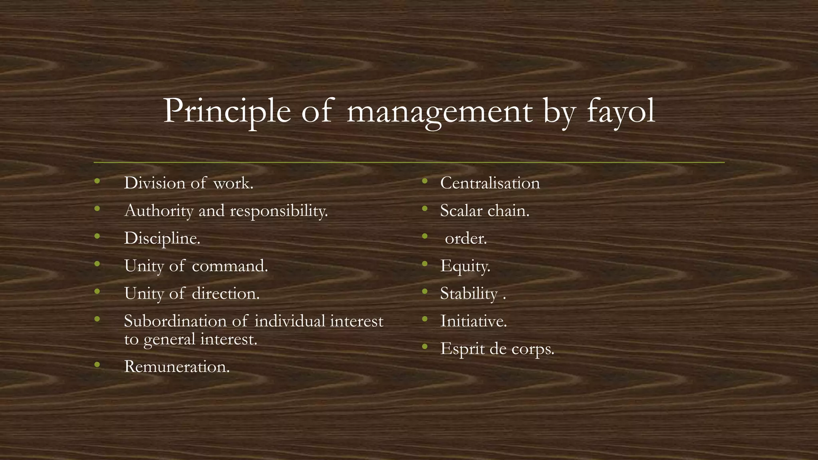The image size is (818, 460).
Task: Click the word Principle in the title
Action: pyautogui.click(x=226, y=111)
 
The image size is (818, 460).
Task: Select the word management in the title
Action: pyautogui.click(x=439, y=112)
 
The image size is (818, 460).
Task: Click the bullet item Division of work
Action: pyautogui.click(x=189, y=183)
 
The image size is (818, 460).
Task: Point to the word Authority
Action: pyautogui.click(x=159, y=211)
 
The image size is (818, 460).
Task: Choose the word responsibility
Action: pyautogui.click(x=278, y=211)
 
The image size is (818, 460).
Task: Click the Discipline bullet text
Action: pyautogui.click(x=162, y=238)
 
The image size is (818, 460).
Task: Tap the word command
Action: pyautogui.click(x=230, y=266)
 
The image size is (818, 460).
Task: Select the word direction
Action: pyautogui.click(x=226, y=293)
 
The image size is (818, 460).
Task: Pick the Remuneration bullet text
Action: pyautogui.click(x=177, y=367)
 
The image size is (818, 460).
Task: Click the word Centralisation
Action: pyautogui.click(x=490, y=183)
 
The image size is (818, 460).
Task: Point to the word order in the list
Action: pyautogui.click(x=466, y=239)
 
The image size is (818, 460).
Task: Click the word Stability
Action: pyautogui.click(x=469, y=294)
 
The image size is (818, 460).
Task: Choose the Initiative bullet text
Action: pyautogui.click(x=473, y=321)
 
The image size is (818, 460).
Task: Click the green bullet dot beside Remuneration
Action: pyautogui.click(x=97, y=364)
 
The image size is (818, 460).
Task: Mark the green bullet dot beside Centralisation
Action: pyautogui.click(x=425, y=181)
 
